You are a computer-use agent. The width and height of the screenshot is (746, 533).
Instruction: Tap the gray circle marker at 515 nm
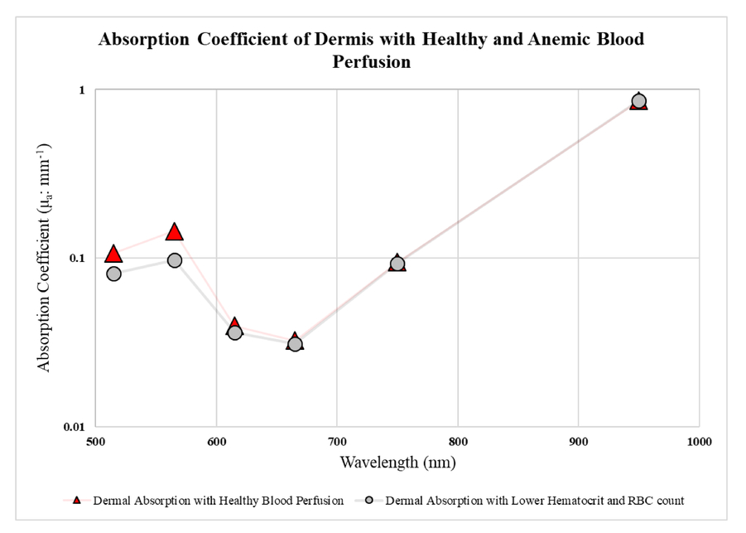113,274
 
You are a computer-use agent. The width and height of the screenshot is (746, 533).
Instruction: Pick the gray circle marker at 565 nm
174,260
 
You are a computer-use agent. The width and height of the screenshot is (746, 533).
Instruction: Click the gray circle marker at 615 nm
234,332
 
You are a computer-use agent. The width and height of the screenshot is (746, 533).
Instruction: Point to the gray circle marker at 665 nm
295,343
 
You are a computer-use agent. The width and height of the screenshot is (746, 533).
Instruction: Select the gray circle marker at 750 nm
397,264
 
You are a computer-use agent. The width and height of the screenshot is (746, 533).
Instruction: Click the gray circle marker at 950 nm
638,101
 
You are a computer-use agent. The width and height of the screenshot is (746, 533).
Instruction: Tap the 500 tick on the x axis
96,442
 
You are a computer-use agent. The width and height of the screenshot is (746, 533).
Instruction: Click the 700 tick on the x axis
337,442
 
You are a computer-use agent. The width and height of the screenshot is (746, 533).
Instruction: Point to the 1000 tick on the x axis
699,442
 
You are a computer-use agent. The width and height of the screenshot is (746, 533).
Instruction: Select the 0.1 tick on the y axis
81,258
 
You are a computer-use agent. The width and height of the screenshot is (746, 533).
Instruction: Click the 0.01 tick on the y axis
78,426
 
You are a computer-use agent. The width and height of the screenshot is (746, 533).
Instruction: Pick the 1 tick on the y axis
86,90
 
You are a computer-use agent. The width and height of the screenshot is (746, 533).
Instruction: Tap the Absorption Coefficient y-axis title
45,257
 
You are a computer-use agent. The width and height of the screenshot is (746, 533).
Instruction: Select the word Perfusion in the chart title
371,62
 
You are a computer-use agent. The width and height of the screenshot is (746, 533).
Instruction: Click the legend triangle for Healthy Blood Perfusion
77,500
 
